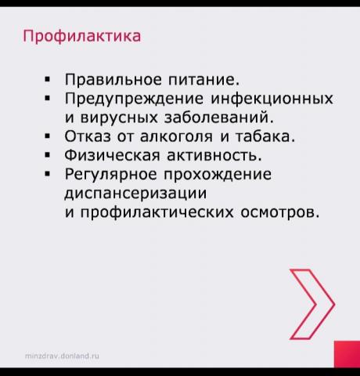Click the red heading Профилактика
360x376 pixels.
(x=82, y=36)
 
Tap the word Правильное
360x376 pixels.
(x=113, y=79)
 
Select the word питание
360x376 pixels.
(x=203, y=79)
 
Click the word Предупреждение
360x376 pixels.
(x=134, y=99)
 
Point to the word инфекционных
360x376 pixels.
(x=272, y=99)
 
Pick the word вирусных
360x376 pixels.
(x=119, y=117)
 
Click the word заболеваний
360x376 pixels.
(x=219, y=117)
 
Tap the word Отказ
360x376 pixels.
(x=88, y=136)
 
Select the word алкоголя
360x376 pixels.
(x=176, y=136)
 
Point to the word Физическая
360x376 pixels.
(x=112, y=155)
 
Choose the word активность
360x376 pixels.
(x=214, y=155)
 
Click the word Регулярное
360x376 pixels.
(x=111, y=175)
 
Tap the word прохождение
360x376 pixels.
(x=218, y=175)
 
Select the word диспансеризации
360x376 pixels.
(x=135, y=194)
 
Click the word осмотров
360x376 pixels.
(x=280, y=212)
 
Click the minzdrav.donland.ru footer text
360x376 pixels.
(x=62, y=356)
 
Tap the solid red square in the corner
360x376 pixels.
(x=347, y=354)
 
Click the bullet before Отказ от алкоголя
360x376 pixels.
(x=47, y=136)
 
